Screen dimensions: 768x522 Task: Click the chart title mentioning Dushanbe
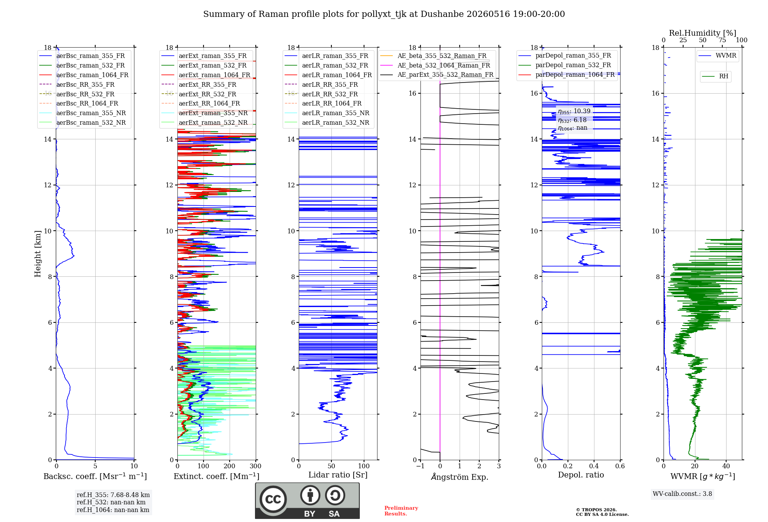coord(384,14)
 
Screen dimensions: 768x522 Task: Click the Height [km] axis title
coord(38,254)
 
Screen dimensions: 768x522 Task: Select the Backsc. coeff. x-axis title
coord(95,476)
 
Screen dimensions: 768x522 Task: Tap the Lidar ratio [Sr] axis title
coord(338,475)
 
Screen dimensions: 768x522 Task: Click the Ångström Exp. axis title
coord(460,477)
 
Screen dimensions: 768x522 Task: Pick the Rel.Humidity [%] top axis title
coord(703,33)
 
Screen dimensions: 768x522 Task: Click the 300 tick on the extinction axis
coord(256,466)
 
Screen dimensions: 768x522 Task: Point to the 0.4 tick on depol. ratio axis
coord(594,466)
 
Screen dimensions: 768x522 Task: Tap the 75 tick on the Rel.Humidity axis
coord(722,40)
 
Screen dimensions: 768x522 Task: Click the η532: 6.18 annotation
coord(572,120)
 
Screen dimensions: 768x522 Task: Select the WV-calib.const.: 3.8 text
coord(682,494)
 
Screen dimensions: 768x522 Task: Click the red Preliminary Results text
coord(401,511)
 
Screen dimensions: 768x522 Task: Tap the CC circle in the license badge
coord(273,499)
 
